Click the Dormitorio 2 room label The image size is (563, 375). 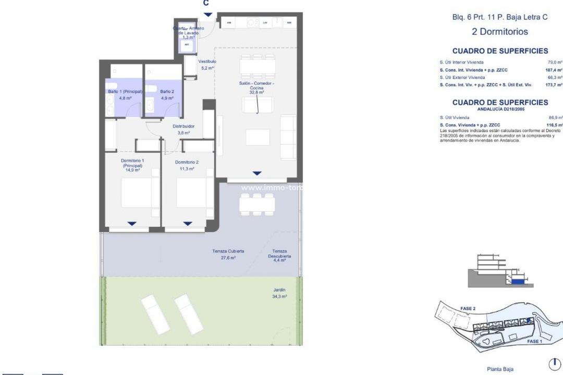(x=185, y=165)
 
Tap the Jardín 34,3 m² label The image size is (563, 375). (x=279, y=293)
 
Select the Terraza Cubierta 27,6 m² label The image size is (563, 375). (x=228, y=254)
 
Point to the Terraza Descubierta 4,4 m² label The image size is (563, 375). (x=279, y=255)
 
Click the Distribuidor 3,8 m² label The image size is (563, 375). (x=183, y=129)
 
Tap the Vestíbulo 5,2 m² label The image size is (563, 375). (x=207, y=64)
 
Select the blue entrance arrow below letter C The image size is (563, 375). (x=207, y=15)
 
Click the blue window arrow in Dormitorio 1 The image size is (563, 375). (x=132, y=223)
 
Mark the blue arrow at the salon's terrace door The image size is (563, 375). (x=256, y=173)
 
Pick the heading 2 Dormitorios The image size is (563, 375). (x=499, y=31)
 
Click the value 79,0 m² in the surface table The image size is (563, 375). (x=554, y=62)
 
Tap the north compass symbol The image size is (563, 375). (x=554, y=363)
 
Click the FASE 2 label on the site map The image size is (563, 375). (x=468, y=308)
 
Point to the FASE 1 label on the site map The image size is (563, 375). (x=534, y=341)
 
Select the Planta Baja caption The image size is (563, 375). (x=500, y=369)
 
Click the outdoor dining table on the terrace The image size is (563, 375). (x=257, y=204)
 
